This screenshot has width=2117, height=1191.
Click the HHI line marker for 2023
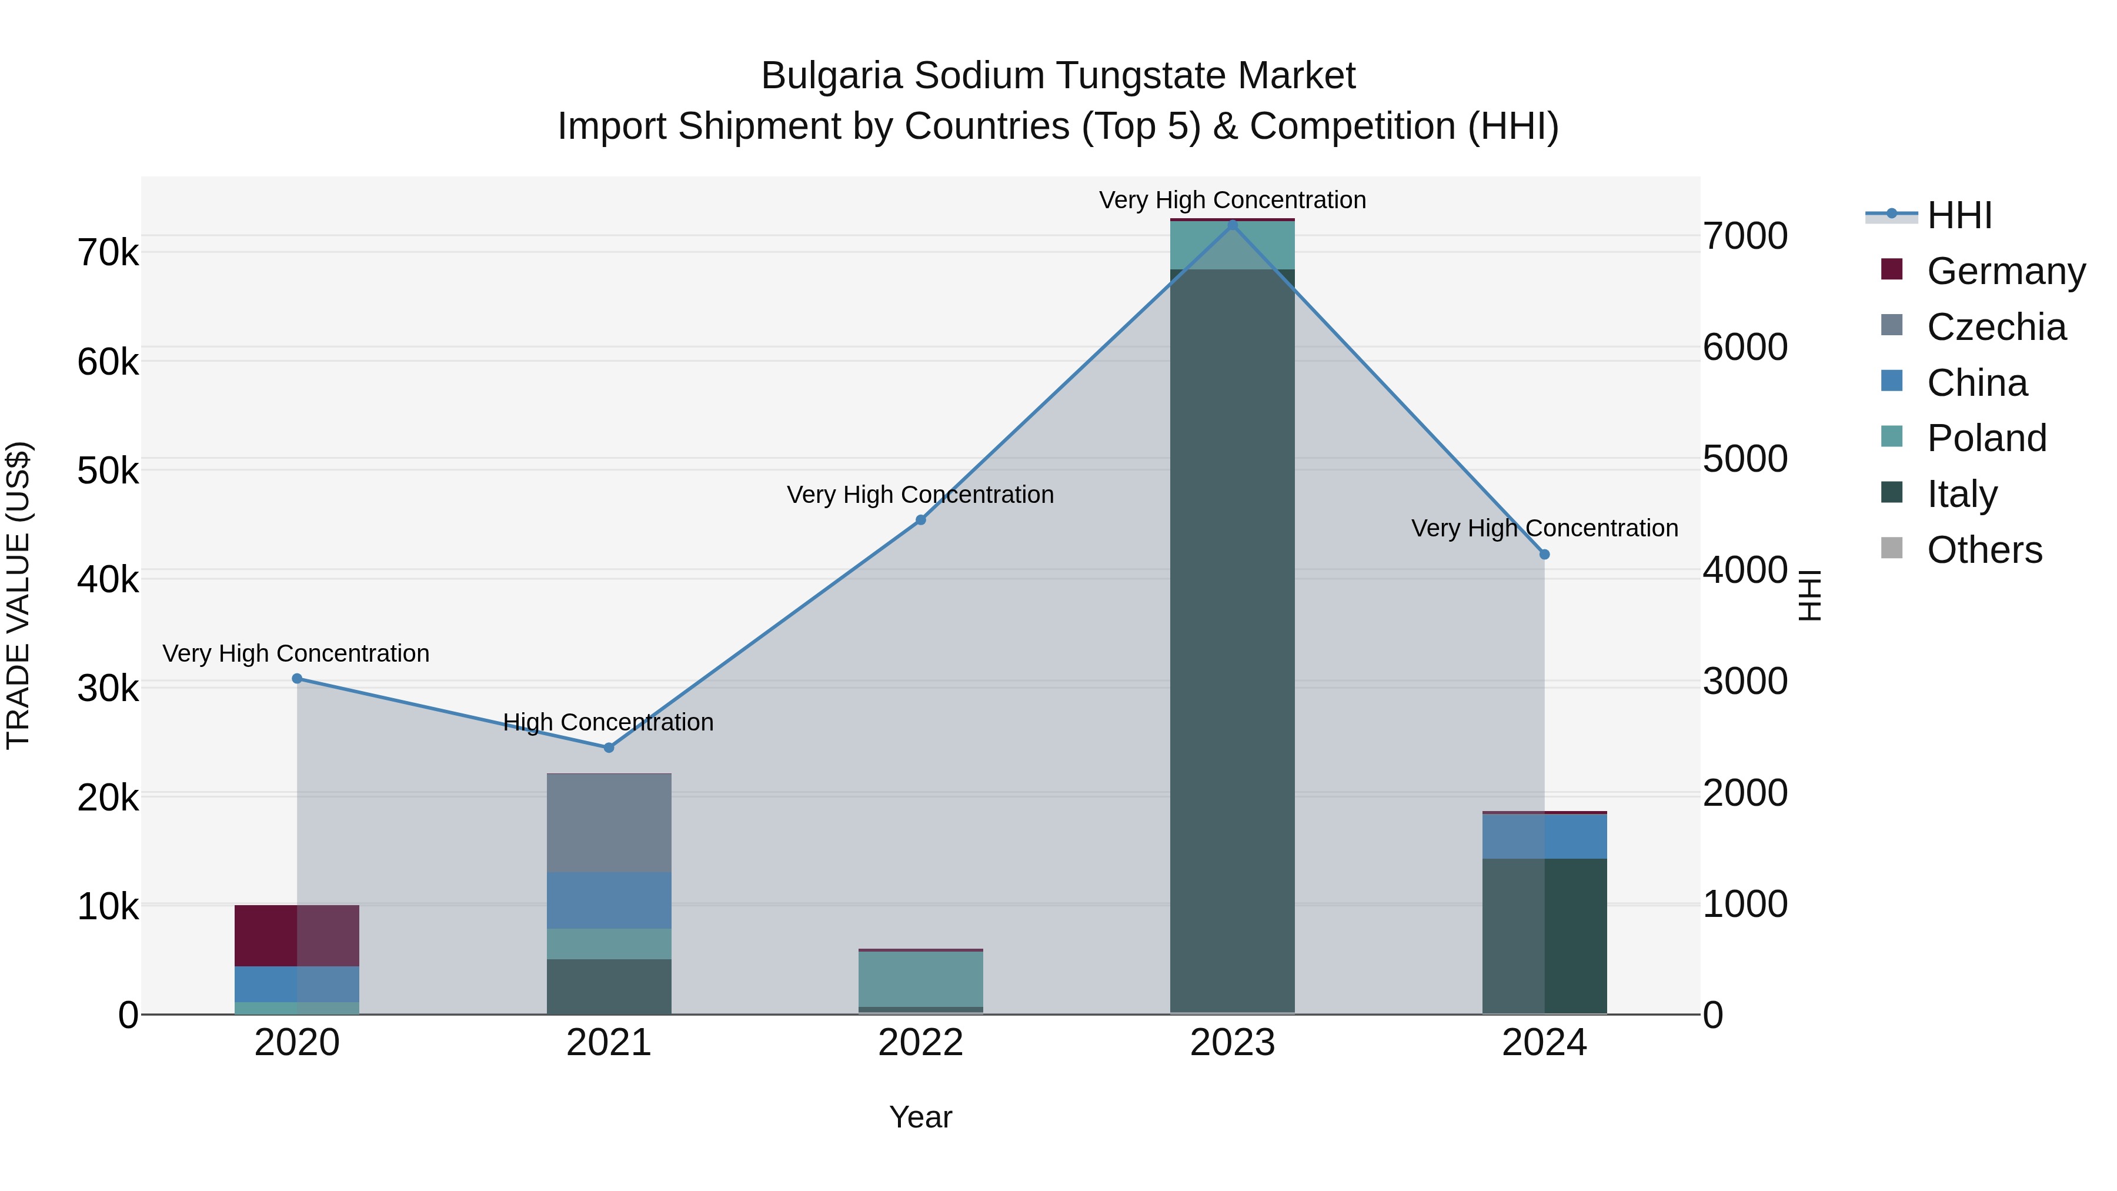point(1232,225)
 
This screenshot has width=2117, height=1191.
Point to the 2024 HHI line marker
point(1544,555)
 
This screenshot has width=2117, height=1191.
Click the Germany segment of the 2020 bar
point(297,935)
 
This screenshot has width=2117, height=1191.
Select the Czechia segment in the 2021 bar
point(609,823)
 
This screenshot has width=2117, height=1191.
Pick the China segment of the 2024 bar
point(1544,836)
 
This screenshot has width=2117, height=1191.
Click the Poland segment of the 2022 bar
point(920,979)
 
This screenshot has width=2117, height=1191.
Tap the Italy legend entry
point(1962,494)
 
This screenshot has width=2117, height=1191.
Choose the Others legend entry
point(1984,550)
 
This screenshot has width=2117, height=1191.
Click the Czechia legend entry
point(1995,327)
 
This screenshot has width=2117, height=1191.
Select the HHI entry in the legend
point(1959,215)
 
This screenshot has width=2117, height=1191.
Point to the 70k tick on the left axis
point(108,252)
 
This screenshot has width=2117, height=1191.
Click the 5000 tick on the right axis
point(1745,459)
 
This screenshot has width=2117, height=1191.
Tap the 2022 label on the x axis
point(920,1043)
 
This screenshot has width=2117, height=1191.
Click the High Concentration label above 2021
point(608,722)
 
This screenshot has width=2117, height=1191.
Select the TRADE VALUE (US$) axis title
point(18,595)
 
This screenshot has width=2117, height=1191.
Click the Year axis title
point(920,1117)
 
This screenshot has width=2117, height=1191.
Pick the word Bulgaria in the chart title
point(832,76)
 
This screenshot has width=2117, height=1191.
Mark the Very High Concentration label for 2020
point(296,653)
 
